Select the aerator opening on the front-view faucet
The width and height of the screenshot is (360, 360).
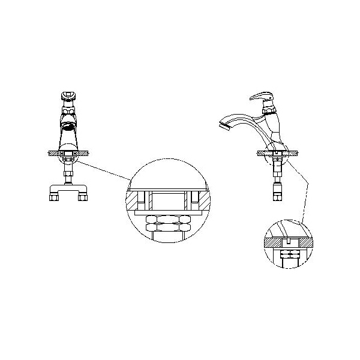[x=69, y=127]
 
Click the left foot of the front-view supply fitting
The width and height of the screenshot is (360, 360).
[x=53, y=194]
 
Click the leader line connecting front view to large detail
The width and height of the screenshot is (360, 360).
[x=105, y=169]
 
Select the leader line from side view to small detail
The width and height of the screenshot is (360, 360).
[x=302, y=192]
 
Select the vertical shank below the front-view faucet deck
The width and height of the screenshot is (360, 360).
[x=68, y=175]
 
